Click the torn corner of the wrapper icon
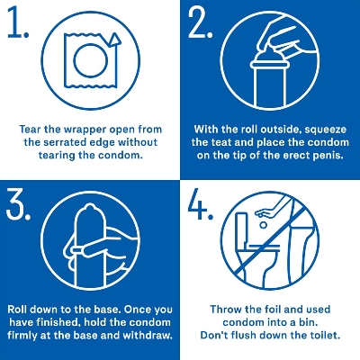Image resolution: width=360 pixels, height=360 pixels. coord(112,39)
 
